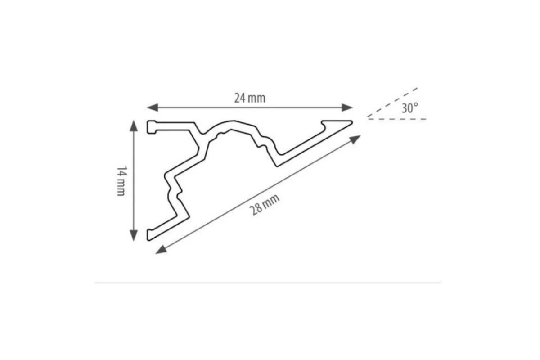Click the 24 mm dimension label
(250, 99)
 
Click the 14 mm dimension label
(121, 181)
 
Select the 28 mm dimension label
(265, 205)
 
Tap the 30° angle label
(410, 108)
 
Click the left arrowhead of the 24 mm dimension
(153, 108)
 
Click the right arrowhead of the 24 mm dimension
(347, 108)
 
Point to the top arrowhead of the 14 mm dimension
(134, 126)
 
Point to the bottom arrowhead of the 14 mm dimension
(134, 236)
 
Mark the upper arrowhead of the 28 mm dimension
(355, 139)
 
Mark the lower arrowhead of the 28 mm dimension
(161, 250)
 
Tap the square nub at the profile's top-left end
(152, 127)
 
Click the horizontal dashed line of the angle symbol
(397, 119)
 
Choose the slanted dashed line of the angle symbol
(392, 103)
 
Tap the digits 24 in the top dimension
(240, 99)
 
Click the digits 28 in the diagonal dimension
(256, 210)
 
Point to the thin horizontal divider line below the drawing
(268, 282)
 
